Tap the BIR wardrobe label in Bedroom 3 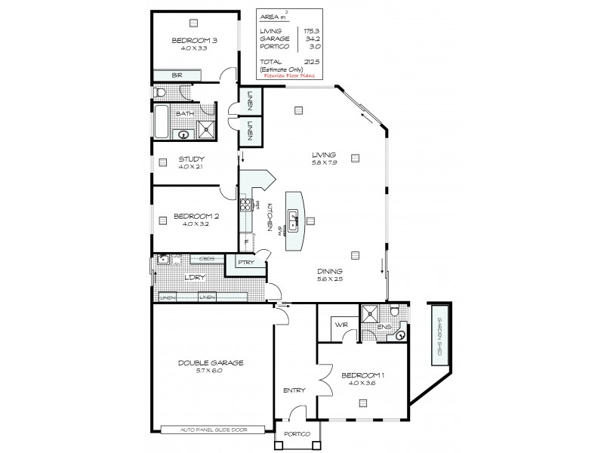[x=177, y=75]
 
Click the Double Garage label [x=211, y=362]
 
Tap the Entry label [x=294, y=390]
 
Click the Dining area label [x=329, y=271]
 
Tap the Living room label [x=329, y=155]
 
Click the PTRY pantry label [x=246, y=262]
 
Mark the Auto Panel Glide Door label [x=212, y=430]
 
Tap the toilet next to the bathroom [x=159, y=92]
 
